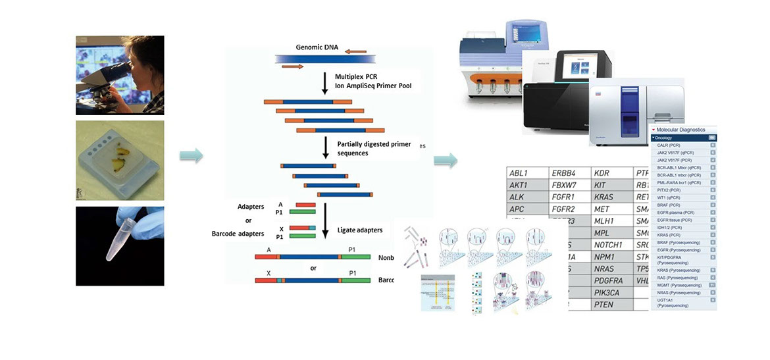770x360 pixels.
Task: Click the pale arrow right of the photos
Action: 192,156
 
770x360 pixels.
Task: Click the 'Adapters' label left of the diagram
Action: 251,206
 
